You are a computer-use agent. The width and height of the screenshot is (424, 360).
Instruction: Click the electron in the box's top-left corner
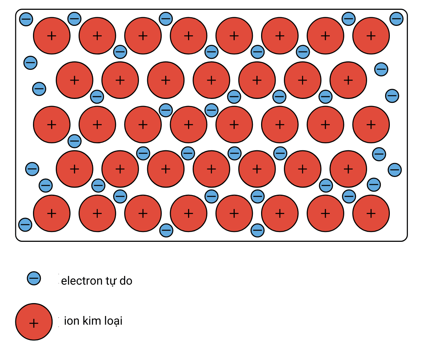coord(26,18)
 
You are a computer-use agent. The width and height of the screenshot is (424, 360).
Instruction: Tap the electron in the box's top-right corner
coord(397,18)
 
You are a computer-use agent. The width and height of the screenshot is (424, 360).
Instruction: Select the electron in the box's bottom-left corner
coord(25,225)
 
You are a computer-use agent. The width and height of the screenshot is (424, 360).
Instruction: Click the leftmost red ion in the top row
coord(51,36)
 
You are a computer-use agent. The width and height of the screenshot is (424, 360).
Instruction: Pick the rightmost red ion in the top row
coord(371,36)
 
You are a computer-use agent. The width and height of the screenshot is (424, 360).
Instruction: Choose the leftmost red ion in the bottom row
coord(51,213)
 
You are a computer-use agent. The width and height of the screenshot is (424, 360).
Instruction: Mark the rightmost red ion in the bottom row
coord(371,213)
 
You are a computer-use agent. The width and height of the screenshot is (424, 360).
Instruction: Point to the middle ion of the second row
coord(211,80)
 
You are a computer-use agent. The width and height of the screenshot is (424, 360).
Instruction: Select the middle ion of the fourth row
coord(211,169)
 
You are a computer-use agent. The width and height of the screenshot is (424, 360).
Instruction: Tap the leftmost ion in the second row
coord(74,80)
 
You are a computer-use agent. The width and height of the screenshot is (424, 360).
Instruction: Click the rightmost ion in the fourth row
coord(348,169)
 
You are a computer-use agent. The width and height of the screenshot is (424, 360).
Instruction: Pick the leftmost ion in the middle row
coord(51,124)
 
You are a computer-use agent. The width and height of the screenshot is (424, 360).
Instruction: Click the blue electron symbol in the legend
coord(34,278)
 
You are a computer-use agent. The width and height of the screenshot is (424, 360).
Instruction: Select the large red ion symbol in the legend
coord(34,322)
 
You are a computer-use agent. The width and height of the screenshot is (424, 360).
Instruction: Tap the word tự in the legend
coord(108,281)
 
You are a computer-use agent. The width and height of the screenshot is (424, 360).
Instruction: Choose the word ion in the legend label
coord(71,321)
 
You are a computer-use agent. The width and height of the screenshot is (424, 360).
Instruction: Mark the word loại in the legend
coord(114,321)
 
